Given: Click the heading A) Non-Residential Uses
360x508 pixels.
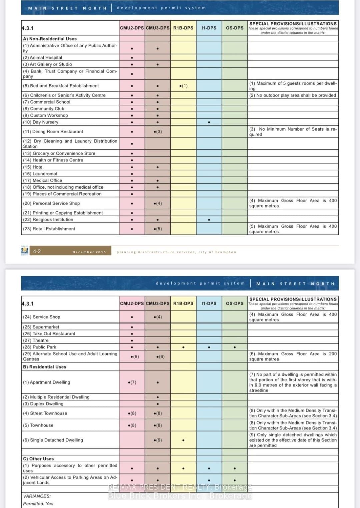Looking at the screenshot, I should click(x=50, y=39).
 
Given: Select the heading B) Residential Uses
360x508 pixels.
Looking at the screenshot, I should click(x=44, y=367).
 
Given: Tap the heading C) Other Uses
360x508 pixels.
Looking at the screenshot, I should click(x=38, y=459).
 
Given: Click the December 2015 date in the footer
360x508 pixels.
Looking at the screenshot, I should click(x=89, y=252).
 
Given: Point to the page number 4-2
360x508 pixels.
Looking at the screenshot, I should click(x=37, y=251).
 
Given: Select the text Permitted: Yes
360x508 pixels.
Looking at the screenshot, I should click(x=38, y=504).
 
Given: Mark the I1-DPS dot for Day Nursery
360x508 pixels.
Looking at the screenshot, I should click(x=209, y=122).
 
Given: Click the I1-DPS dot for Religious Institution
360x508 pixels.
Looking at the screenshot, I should click(x=209, y=220).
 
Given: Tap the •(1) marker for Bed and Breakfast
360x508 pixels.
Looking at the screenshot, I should click(x=183, y=86).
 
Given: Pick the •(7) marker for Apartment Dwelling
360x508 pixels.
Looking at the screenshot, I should click(x=132, y=382).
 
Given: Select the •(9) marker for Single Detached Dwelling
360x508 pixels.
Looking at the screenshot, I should click(x=158, y=440).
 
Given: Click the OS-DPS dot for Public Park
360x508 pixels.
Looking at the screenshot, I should click(x=235, y=347).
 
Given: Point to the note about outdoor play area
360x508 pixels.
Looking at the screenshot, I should click(x=293, y=95).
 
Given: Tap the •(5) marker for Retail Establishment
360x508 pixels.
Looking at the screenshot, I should click(x=158, y=229).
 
